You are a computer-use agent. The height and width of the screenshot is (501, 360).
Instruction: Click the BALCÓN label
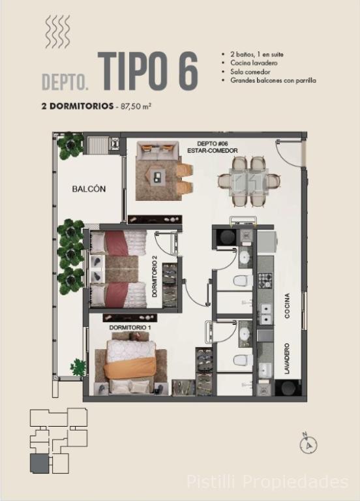[89, 189]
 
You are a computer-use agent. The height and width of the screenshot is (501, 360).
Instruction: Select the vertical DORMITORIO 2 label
[155, 279]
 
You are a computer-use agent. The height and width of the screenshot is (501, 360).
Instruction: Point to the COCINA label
[287, 306]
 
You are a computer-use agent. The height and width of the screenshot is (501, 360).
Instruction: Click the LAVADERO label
[287, 359]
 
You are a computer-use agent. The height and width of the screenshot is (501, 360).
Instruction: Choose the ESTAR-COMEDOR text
[213, 150]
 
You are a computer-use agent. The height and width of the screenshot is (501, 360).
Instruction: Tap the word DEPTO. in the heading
[65, 82]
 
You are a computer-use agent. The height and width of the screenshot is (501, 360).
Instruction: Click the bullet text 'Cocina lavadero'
[254, 63]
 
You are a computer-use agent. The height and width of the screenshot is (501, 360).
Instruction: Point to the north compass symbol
[308, 443]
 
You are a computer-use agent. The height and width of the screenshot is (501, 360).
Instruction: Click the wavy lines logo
[57, 32]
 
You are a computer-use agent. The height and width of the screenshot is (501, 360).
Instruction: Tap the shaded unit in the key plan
[39, 464]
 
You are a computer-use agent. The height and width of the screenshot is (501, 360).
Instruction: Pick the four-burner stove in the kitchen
[265, 281]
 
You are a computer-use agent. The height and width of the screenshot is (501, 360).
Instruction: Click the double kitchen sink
[266, 314]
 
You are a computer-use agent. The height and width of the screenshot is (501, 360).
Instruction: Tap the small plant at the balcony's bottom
[78, 367]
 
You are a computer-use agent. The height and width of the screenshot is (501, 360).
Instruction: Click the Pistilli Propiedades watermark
[267, 482]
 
